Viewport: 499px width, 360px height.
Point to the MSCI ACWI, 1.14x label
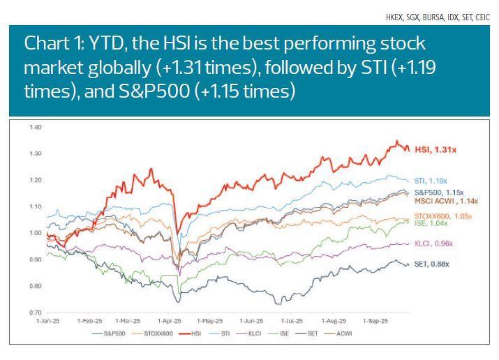445,200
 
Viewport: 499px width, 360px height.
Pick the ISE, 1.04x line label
431,223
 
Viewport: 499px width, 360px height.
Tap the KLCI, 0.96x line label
433,243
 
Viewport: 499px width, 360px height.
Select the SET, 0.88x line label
431,264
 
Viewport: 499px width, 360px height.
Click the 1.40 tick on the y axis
36,127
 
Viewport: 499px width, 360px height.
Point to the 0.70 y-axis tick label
36,313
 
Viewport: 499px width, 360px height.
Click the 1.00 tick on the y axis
36,233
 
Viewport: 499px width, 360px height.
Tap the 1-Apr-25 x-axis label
168,321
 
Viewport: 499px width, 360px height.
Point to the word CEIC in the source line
482,17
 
